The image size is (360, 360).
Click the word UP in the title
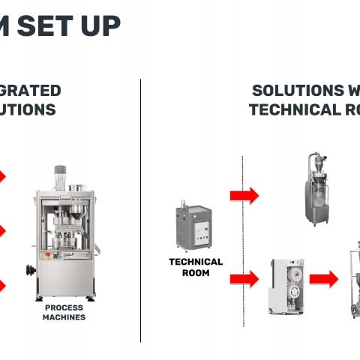100,26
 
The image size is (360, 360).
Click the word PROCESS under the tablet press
64,307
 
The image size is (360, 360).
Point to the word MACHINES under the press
64,317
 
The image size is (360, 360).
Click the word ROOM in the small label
196,273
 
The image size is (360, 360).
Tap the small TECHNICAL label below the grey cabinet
196,262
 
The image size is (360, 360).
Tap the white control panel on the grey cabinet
201,228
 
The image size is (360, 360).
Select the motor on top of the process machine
59,177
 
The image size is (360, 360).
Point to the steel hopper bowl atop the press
76,187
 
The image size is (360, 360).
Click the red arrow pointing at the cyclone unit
244,196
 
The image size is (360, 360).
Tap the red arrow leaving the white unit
323,279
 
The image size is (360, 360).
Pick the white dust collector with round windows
286,286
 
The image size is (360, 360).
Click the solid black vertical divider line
140,210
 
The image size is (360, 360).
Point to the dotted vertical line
242,240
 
